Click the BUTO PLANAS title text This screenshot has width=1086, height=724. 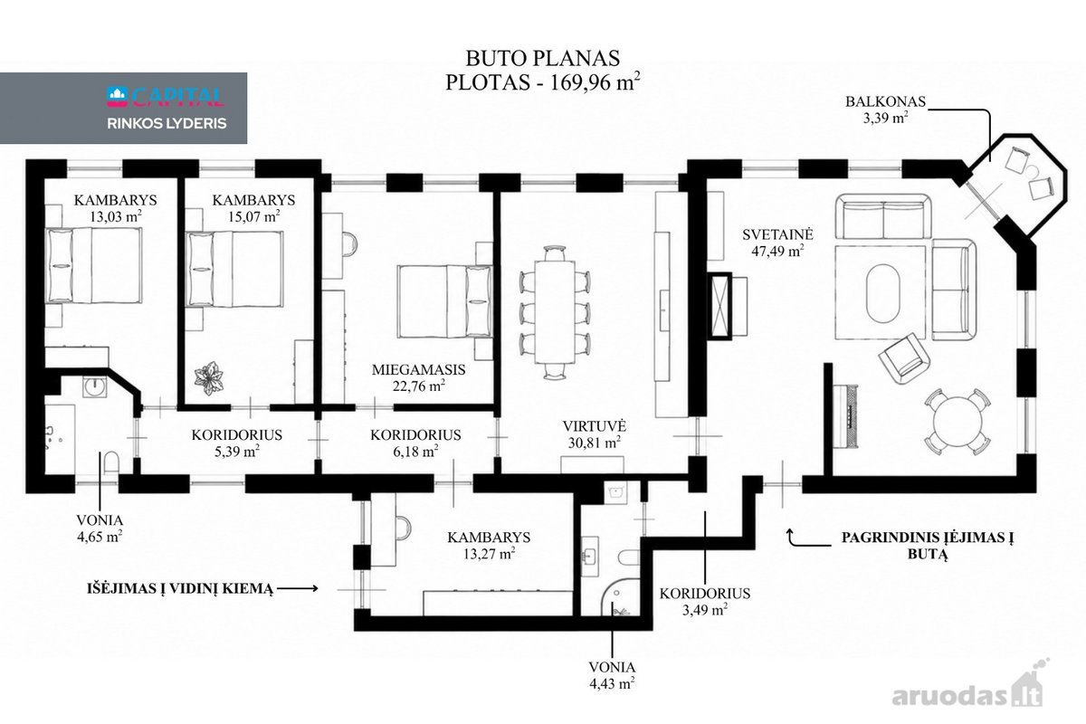click(x=542, y=58)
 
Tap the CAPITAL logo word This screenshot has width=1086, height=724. click(x=177, y=97)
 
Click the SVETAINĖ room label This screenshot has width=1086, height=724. click(x=777, y=234)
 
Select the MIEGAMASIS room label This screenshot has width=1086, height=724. click(x=418, y=369)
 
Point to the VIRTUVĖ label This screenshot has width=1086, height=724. click(x=595, y=425)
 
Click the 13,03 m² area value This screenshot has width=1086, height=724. click(x=116, y=216)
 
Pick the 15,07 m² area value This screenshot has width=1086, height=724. click(x=253, y=216)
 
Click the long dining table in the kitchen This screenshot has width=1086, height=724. click(x=555, y=312)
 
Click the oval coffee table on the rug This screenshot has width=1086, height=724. click(x=883, y=293)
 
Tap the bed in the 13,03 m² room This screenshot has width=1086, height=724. click(x=93, y=265)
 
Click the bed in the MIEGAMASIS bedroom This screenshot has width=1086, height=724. click(x=444, y=301)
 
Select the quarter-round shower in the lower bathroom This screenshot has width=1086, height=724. click(x=615, y=598)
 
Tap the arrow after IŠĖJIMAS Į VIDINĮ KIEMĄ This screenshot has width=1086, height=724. click(x=298, y=588)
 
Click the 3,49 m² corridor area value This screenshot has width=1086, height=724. click(x=704, y=609)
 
